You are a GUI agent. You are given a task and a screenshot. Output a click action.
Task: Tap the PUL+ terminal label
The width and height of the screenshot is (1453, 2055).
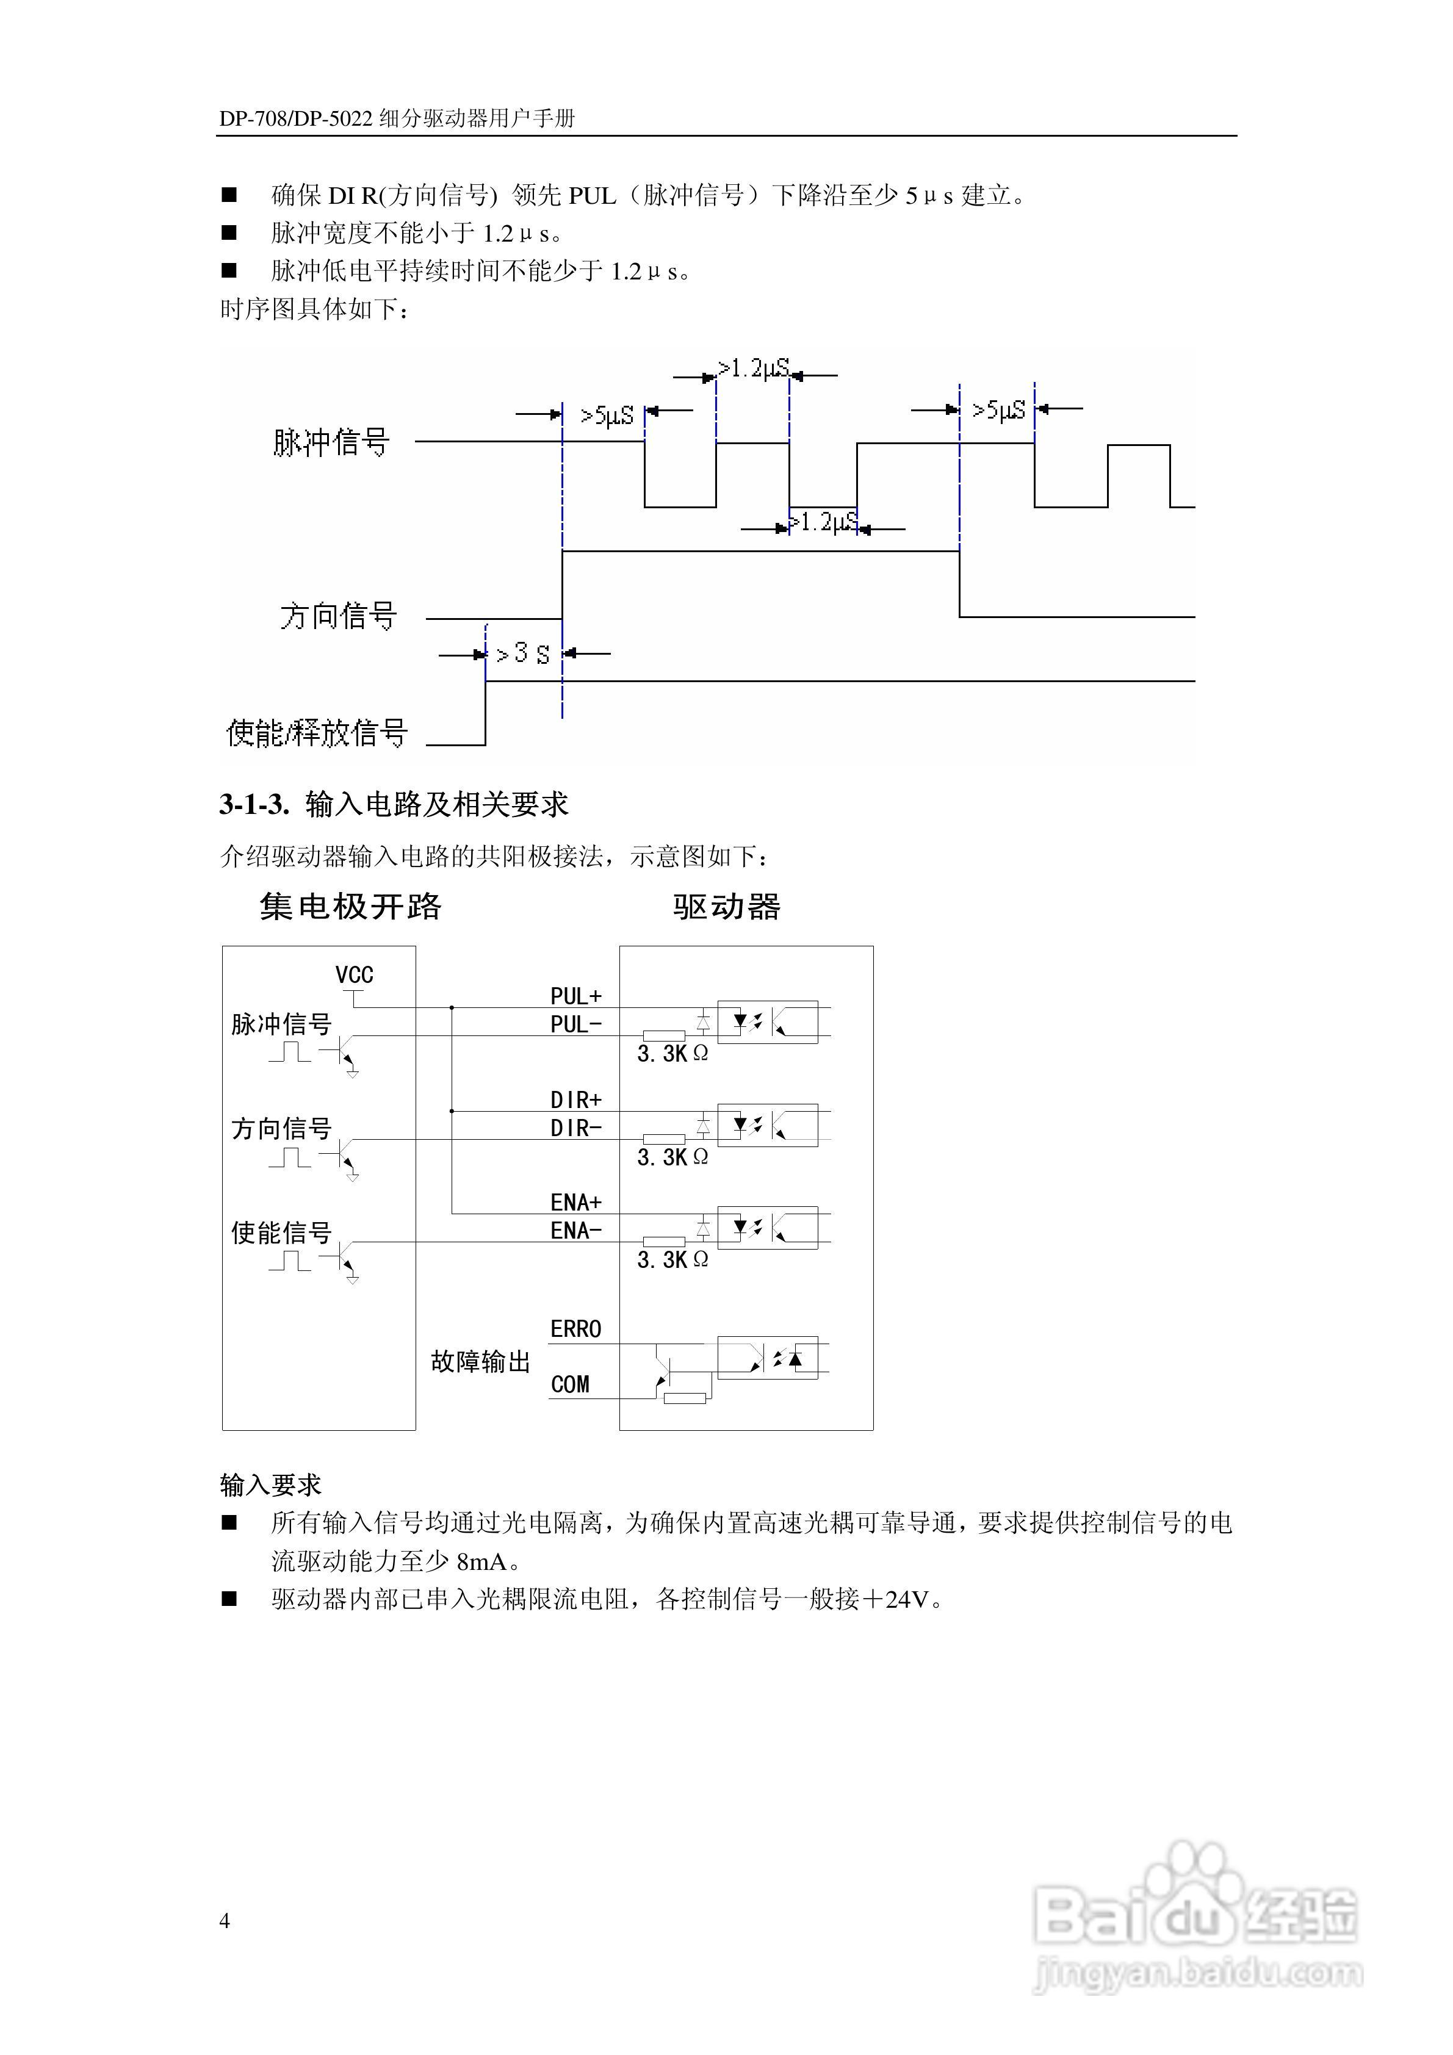point(575,996)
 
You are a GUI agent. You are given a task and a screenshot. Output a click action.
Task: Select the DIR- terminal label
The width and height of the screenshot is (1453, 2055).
point(575,1129)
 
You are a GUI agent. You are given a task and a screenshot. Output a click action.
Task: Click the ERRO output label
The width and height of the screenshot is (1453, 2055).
point(575,1329)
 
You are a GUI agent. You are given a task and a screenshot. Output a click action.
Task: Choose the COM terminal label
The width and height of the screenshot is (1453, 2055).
point(571,1384)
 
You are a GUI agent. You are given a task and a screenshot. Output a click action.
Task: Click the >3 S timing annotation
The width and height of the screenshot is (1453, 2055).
point(523,654)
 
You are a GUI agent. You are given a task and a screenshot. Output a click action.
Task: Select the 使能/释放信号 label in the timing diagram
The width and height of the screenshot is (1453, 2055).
point(317,733)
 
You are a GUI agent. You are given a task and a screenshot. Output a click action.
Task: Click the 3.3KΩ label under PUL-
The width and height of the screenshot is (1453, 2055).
point(672,1054)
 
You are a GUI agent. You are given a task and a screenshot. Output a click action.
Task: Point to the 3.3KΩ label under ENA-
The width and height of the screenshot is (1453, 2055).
point(672,1260)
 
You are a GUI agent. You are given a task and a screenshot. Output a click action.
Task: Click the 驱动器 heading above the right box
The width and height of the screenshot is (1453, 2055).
point(726,907)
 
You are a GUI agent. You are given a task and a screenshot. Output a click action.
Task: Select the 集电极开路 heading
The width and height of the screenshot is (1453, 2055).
point(350,907)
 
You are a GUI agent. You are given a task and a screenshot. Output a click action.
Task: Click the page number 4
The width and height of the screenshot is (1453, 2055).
point(225,1921)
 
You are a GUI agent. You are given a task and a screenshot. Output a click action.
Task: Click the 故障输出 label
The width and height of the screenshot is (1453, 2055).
point(481,1362)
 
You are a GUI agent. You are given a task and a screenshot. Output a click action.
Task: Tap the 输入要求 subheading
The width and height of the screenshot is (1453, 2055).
point(270,1486)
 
